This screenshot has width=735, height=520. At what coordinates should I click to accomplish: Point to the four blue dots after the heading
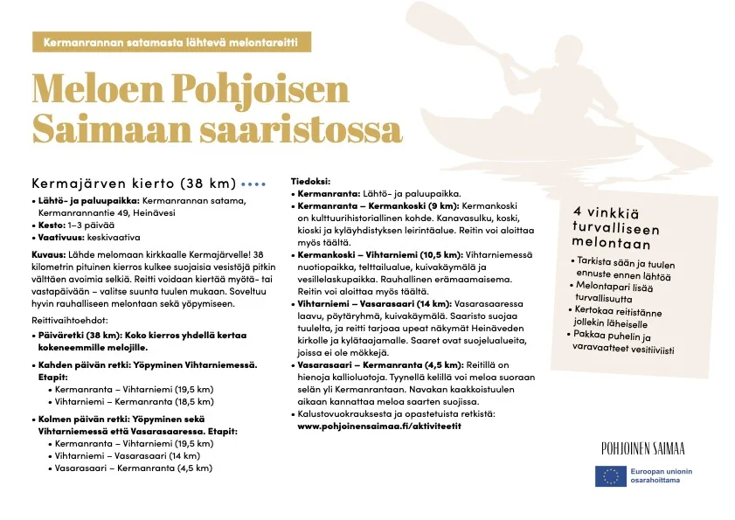pyautogui.click(x=253, y=184)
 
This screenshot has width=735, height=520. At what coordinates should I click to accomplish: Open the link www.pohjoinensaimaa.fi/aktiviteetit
pyautogui.click(x=379, y=426)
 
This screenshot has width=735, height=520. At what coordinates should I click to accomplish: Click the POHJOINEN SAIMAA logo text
pyautogui.click(x=642, y=449)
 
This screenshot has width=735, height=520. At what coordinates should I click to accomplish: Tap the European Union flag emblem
pyautogui.click(x=609, y=475)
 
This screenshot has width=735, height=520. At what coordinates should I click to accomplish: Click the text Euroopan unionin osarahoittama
pyautogui.click(x=662, y=475)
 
